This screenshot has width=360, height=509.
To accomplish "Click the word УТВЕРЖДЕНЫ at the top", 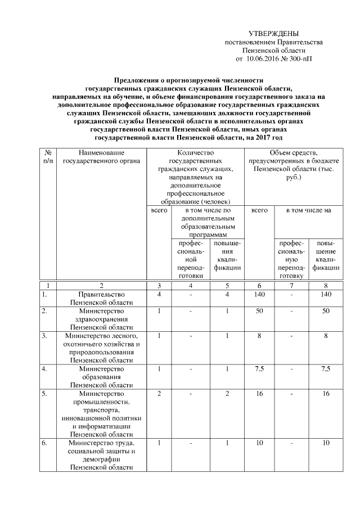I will (x=273, y=34).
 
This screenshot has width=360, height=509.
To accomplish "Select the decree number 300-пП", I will (x=301, y=58).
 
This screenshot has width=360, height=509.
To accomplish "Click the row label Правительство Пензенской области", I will (x=102, y=298).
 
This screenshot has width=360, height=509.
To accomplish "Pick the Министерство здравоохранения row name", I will (x=102, y=319).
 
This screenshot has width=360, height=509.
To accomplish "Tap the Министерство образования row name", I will (x=102, y=377).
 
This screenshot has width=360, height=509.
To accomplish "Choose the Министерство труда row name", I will (x=102, y=456).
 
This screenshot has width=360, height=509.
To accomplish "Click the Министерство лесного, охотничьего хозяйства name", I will (x=102, y=348).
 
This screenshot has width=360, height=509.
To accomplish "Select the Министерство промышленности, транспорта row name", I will (x=102, y=413).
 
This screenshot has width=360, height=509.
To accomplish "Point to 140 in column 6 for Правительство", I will (x=259, y=294).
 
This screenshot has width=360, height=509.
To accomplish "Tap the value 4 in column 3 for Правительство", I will (x=160, y=294).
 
